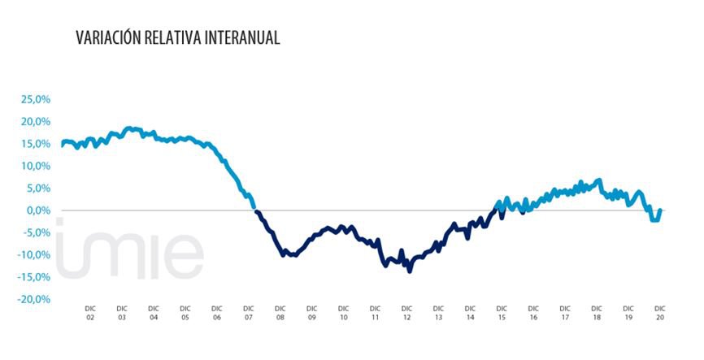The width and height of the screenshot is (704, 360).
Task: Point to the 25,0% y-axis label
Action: point(36,99)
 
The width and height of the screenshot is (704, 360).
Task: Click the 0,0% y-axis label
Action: point(39,210)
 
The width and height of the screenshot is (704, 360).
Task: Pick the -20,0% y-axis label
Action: point(34,299)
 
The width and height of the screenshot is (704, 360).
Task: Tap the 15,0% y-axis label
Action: point(36,144)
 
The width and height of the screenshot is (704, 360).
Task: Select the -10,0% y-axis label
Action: point(34,254)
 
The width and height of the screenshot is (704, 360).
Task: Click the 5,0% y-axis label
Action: point(39,188)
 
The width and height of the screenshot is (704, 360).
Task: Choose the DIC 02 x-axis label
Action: point(90,313)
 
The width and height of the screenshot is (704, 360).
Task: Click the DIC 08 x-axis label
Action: point(280,313)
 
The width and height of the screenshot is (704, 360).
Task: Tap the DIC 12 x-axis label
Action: point(406,313)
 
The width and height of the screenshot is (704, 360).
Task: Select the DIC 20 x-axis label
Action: point(660,313)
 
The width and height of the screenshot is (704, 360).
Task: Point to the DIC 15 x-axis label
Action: point(502,313)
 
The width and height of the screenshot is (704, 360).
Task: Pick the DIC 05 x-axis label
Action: point(185,313)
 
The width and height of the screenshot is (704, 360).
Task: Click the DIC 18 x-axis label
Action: point(597,313)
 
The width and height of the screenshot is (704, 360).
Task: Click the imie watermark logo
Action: point(130,248)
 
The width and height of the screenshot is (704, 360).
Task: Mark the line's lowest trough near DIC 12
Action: point(410,271)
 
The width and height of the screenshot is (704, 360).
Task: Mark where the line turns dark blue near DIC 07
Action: point(256,211)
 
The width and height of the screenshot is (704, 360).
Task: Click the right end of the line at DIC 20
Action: point(660,210)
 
